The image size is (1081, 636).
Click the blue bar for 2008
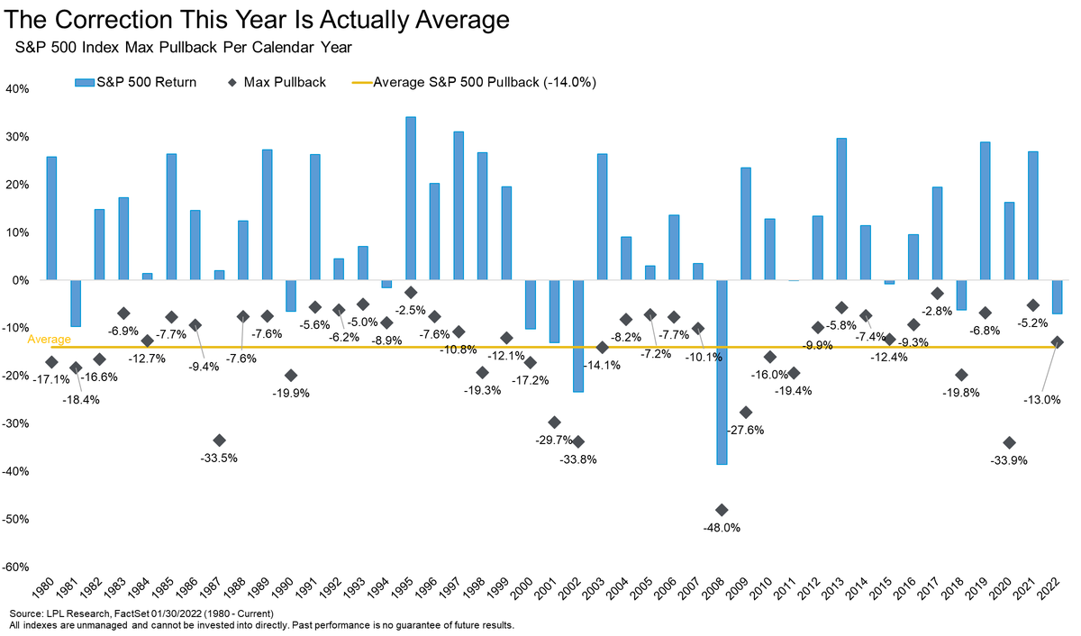point(722,372)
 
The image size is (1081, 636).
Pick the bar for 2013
point(841,209)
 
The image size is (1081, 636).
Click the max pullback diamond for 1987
point(219,440)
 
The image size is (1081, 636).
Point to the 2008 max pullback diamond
point(722,510)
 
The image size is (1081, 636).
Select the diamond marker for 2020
point(1009,442)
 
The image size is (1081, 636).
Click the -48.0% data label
point(722,528)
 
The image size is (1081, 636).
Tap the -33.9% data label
point(1009,460)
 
